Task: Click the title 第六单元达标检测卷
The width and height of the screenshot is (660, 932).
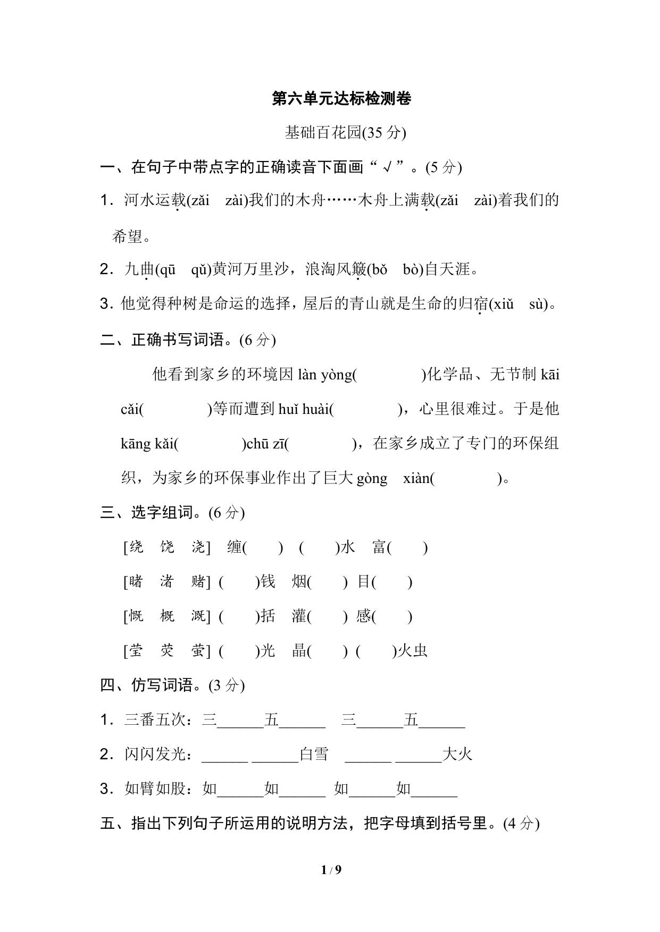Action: click(x=341, y=98)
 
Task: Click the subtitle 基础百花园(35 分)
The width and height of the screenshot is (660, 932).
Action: click(x=345, y=132)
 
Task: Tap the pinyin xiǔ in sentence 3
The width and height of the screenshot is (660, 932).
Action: click(x=504, y=304)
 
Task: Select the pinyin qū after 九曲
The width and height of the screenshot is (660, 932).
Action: click(x=168, y=270)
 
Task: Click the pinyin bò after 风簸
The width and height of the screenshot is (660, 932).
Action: click(x=411, y=270)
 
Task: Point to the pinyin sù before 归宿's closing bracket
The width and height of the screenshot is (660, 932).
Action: click(x=538, y=304)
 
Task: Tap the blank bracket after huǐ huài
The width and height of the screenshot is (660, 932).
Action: click(x=366, y=409)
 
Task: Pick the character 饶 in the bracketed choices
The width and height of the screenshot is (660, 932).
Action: click(x=167, y=547)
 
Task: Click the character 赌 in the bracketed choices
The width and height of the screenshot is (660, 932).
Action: click(x=198, y=582)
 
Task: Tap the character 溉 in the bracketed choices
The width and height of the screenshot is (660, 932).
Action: click(x=198, y=616)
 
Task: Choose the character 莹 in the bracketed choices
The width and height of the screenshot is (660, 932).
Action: click(x=136, y=651)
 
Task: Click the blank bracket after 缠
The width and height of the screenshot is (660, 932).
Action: click(x=263, y=547)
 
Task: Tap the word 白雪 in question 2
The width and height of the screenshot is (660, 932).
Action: click(x=314, y=755)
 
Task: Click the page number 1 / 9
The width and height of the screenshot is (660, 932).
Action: click(x=331, y=870)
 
